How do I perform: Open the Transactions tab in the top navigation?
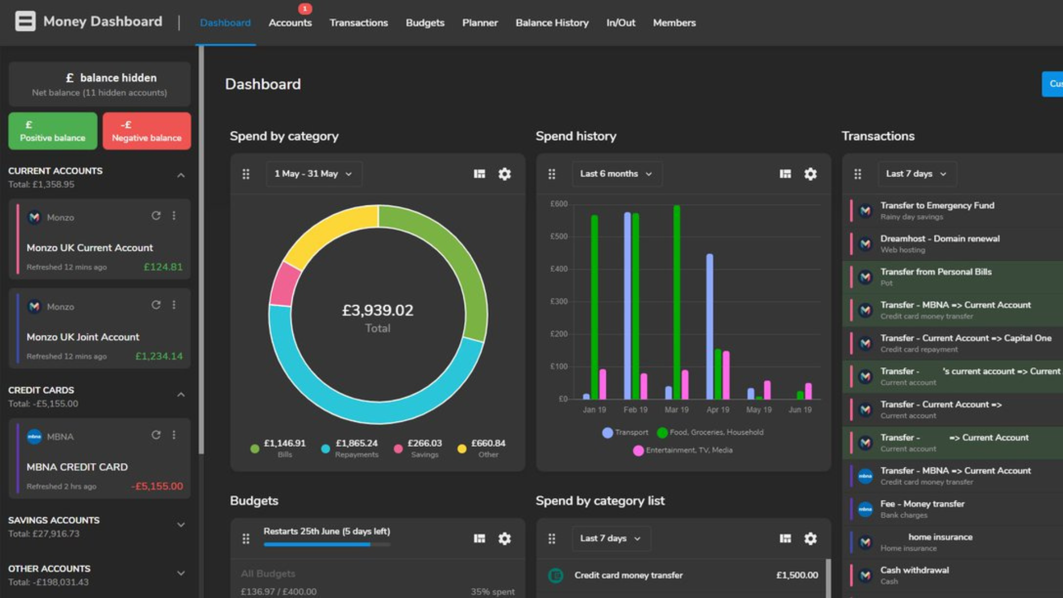358,23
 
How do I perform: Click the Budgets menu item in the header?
425,23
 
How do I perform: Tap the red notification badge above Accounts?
305,9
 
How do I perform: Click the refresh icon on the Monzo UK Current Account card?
156,215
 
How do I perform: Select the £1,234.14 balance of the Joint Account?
159,356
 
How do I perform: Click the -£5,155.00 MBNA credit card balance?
157,486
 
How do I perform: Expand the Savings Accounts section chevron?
180,525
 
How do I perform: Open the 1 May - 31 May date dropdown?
313,174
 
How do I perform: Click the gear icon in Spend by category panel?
504,174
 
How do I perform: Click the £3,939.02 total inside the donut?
378,310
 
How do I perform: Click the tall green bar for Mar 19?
677,302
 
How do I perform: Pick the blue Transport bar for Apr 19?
710,327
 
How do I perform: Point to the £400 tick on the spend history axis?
559,269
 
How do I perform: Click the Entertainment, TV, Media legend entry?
683,450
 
